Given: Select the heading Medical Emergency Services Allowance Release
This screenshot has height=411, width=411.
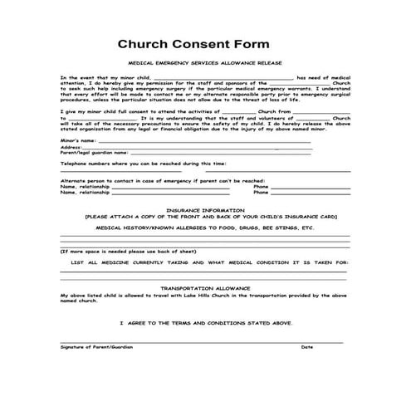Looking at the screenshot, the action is coord(204,64).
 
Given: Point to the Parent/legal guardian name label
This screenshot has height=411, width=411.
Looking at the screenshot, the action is coord(93,153).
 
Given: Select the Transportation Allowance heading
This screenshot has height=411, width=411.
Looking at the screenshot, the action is coord(204,289).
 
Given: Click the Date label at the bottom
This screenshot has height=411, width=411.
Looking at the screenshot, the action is coord(307,346).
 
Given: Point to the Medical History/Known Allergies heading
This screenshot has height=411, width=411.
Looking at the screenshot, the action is coord(204,227).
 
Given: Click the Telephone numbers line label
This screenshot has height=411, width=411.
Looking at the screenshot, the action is coord(131,164).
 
